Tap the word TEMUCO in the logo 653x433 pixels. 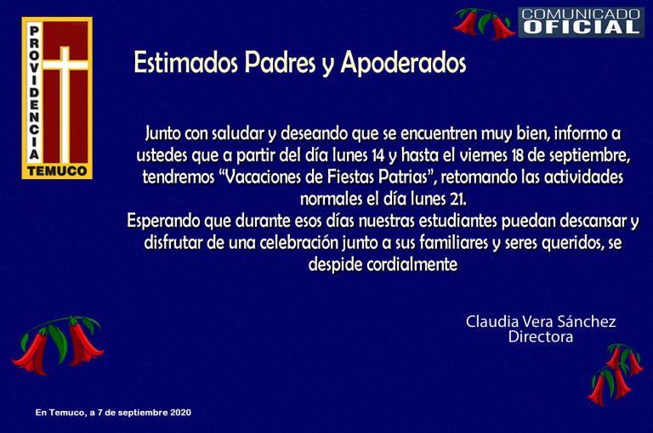click(57, 171)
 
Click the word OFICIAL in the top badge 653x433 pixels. click(581, 27)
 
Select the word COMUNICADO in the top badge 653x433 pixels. click(581, 14)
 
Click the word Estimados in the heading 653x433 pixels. click(185, 63)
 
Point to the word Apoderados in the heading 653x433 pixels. click(403, 64)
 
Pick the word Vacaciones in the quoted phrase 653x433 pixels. click(263, 177)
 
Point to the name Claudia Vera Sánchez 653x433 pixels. click(541, 322)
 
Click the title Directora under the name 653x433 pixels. click(541, 336)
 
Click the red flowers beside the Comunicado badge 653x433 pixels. click(485, 24)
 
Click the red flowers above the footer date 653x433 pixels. click(59, 346)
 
